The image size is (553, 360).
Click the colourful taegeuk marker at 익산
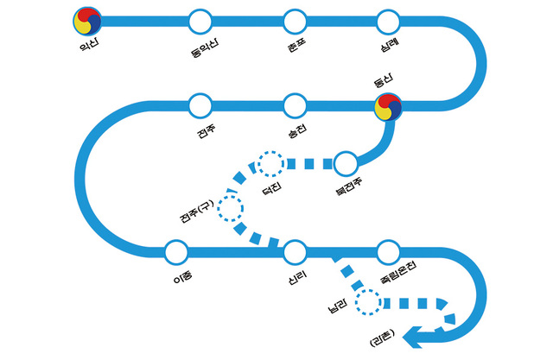click(89, 18)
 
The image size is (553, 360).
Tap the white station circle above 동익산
click(200, 19)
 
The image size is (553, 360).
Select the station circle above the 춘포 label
click(296, 19)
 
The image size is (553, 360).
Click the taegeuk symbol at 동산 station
click(388, 106)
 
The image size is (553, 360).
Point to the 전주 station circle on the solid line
click(200, 105)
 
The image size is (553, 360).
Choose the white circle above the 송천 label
click(296, 105)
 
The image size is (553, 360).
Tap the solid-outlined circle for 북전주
click(346, 162)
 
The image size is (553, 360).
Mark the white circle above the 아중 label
click(175, 252)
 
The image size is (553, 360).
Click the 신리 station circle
click(296, 252)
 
